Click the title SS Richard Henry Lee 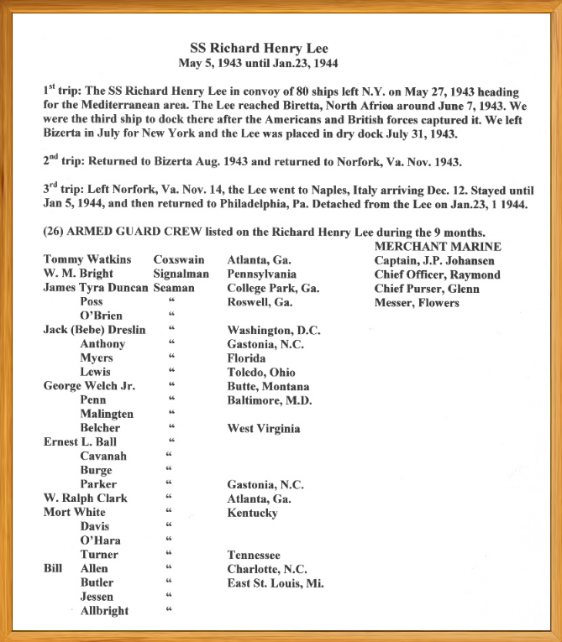coord(281,48)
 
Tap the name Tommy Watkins coord(87,260)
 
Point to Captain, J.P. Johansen coord(434,260)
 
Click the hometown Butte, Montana coord(268,387)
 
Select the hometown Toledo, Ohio coord(263,373)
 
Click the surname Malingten coord(107,415)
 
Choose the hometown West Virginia coord(264,429)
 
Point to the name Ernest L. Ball coord(81,442)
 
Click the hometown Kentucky coord(252,513)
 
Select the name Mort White coord(75,513)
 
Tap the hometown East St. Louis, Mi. coord(276,583)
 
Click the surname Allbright coord(105,611)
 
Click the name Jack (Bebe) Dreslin coord(94,330)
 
